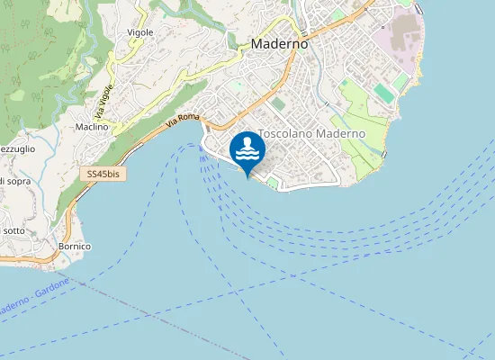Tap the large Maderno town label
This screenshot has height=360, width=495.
pyautogui.click(x=279, y=43)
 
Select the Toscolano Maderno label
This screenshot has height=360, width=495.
pyautogui.click(x=311, y=133)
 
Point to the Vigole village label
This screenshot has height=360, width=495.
pyautogui.click(x=140, y=32)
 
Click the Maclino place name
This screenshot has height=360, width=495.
pyautogui.click(x=92, y=127)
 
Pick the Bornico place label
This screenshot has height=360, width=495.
pyautogui.click(x=75, y=246)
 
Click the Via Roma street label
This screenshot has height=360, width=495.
pyautogui.click(x=182, y=118)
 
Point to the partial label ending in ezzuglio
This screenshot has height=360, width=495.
pyautogui.click(x=18, y=148)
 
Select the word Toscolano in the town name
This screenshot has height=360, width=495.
pyautogui.click(x=284, y=133)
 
